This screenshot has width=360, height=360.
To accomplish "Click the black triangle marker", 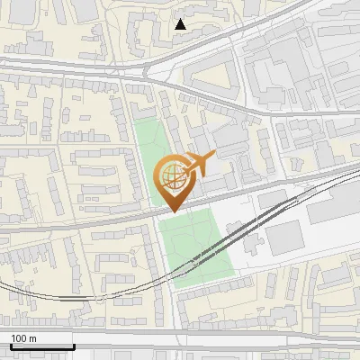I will click(x=181, y=24).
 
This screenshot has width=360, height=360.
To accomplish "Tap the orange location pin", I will click(x=173, y=181).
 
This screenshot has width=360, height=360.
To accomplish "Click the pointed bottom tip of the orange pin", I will click(x=172, y=211).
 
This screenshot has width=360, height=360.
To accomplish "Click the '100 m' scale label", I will click(x=23, y=338).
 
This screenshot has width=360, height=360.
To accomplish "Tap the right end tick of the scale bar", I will click(x=73, y=343).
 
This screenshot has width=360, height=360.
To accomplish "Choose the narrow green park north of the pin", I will click(x=150, y=148).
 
